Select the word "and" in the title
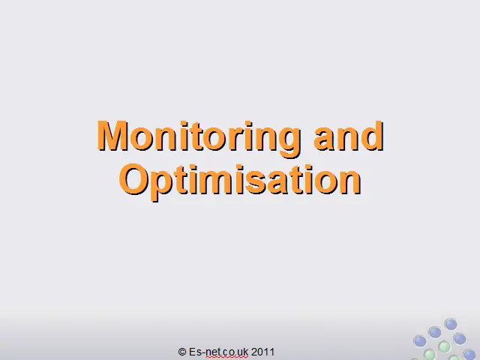pyautogui.click(x=349, y=136)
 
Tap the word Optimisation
pyautogui.click(x=240, y=181)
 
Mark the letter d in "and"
pyautogui.click(x=371, y=136)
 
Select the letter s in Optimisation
pyautogui.click(x=256, y=183)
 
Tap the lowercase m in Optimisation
pyautogui.click(x=218, y=183)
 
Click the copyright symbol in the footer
pyautogui.click(x=181, y=352)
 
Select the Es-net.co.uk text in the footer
pyautogui.click(x=218, y=352)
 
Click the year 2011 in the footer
pyautogui.click(x=262, y=352)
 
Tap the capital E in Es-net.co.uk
pyautogui.click(x=192, y=352)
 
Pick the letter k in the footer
pyautogui.click(x=245, y=352)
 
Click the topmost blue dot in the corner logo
pyautogui.click(x=450, y=324)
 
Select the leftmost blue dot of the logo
pyautogui.click(x=420, y=341)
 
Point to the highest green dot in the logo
pyautogui.click(x=444, y=346)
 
